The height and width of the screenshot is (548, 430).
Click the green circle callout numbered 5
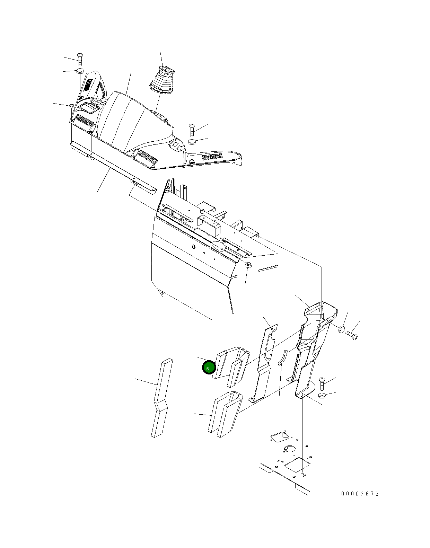[x=209, y=368]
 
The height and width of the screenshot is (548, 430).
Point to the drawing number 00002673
[x=360, y=494]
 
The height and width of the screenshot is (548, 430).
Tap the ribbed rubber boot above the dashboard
[x=163, y=80]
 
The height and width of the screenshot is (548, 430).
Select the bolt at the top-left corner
[x=80, y=59]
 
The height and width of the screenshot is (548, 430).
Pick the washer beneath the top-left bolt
[x=80, y=71]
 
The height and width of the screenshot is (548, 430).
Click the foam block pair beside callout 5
[x=231, y=366]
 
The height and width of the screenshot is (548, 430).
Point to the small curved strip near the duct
[x=283, y=357]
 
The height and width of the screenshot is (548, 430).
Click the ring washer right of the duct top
[x=342, y=329]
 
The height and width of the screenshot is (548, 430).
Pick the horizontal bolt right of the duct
[x=351, y=335]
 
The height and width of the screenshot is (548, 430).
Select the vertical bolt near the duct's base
[x=322, y=383]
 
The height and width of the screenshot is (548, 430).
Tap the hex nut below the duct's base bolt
[x=322, y=395]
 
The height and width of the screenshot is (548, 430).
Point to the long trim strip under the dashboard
[x=113, y=166]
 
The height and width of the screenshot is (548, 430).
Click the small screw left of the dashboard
[x=71, y=105]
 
